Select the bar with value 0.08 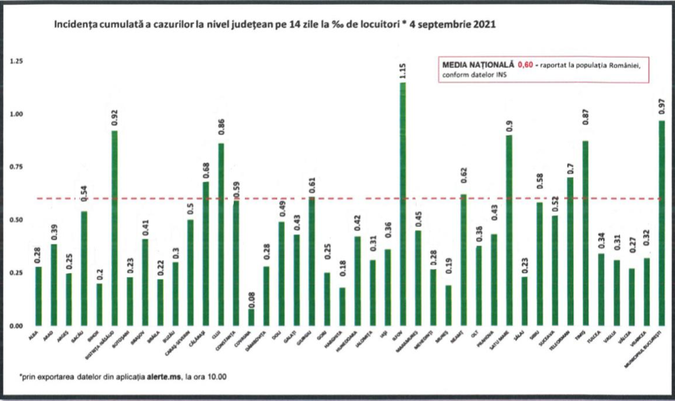tap(251, 317)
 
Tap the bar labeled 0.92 tap(114, 228)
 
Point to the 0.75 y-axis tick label tap(17, 167)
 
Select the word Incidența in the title tap(74, 26)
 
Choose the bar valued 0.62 tap(464, 260)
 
